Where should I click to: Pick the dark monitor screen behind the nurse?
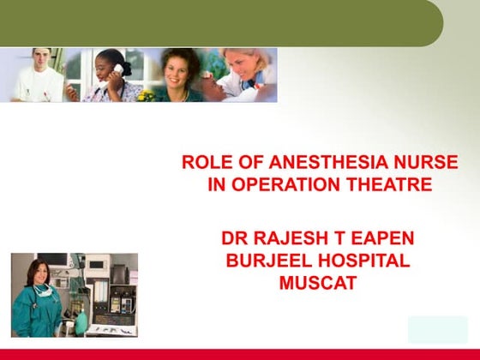coord(53,260)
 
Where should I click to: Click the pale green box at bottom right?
coord(437,329)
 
